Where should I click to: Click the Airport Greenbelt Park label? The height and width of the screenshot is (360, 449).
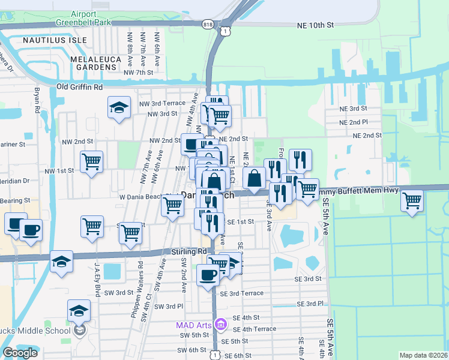tap(83, 17)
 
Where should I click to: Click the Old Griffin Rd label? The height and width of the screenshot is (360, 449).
tap(79, 87)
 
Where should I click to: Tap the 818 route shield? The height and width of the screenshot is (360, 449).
tap(208, 24)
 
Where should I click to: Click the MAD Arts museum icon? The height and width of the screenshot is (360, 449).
tap(220, 325)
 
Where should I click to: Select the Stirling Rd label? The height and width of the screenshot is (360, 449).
tap(188, 252)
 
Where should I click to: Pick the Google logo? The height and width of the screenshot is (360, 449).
tap(20, 352)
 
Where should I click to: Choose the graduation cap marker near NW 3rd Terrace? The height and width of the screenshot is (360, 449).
tap(119, 108)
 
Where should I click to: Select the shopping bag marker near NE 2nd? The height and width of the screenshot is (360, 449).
tap(254, 178)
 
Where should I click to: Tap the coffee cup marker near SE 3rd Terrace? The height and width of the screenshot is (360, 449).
tap(208, 275)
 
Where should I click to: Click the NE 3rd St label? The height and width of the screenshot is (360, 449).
tap(354, 109)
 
